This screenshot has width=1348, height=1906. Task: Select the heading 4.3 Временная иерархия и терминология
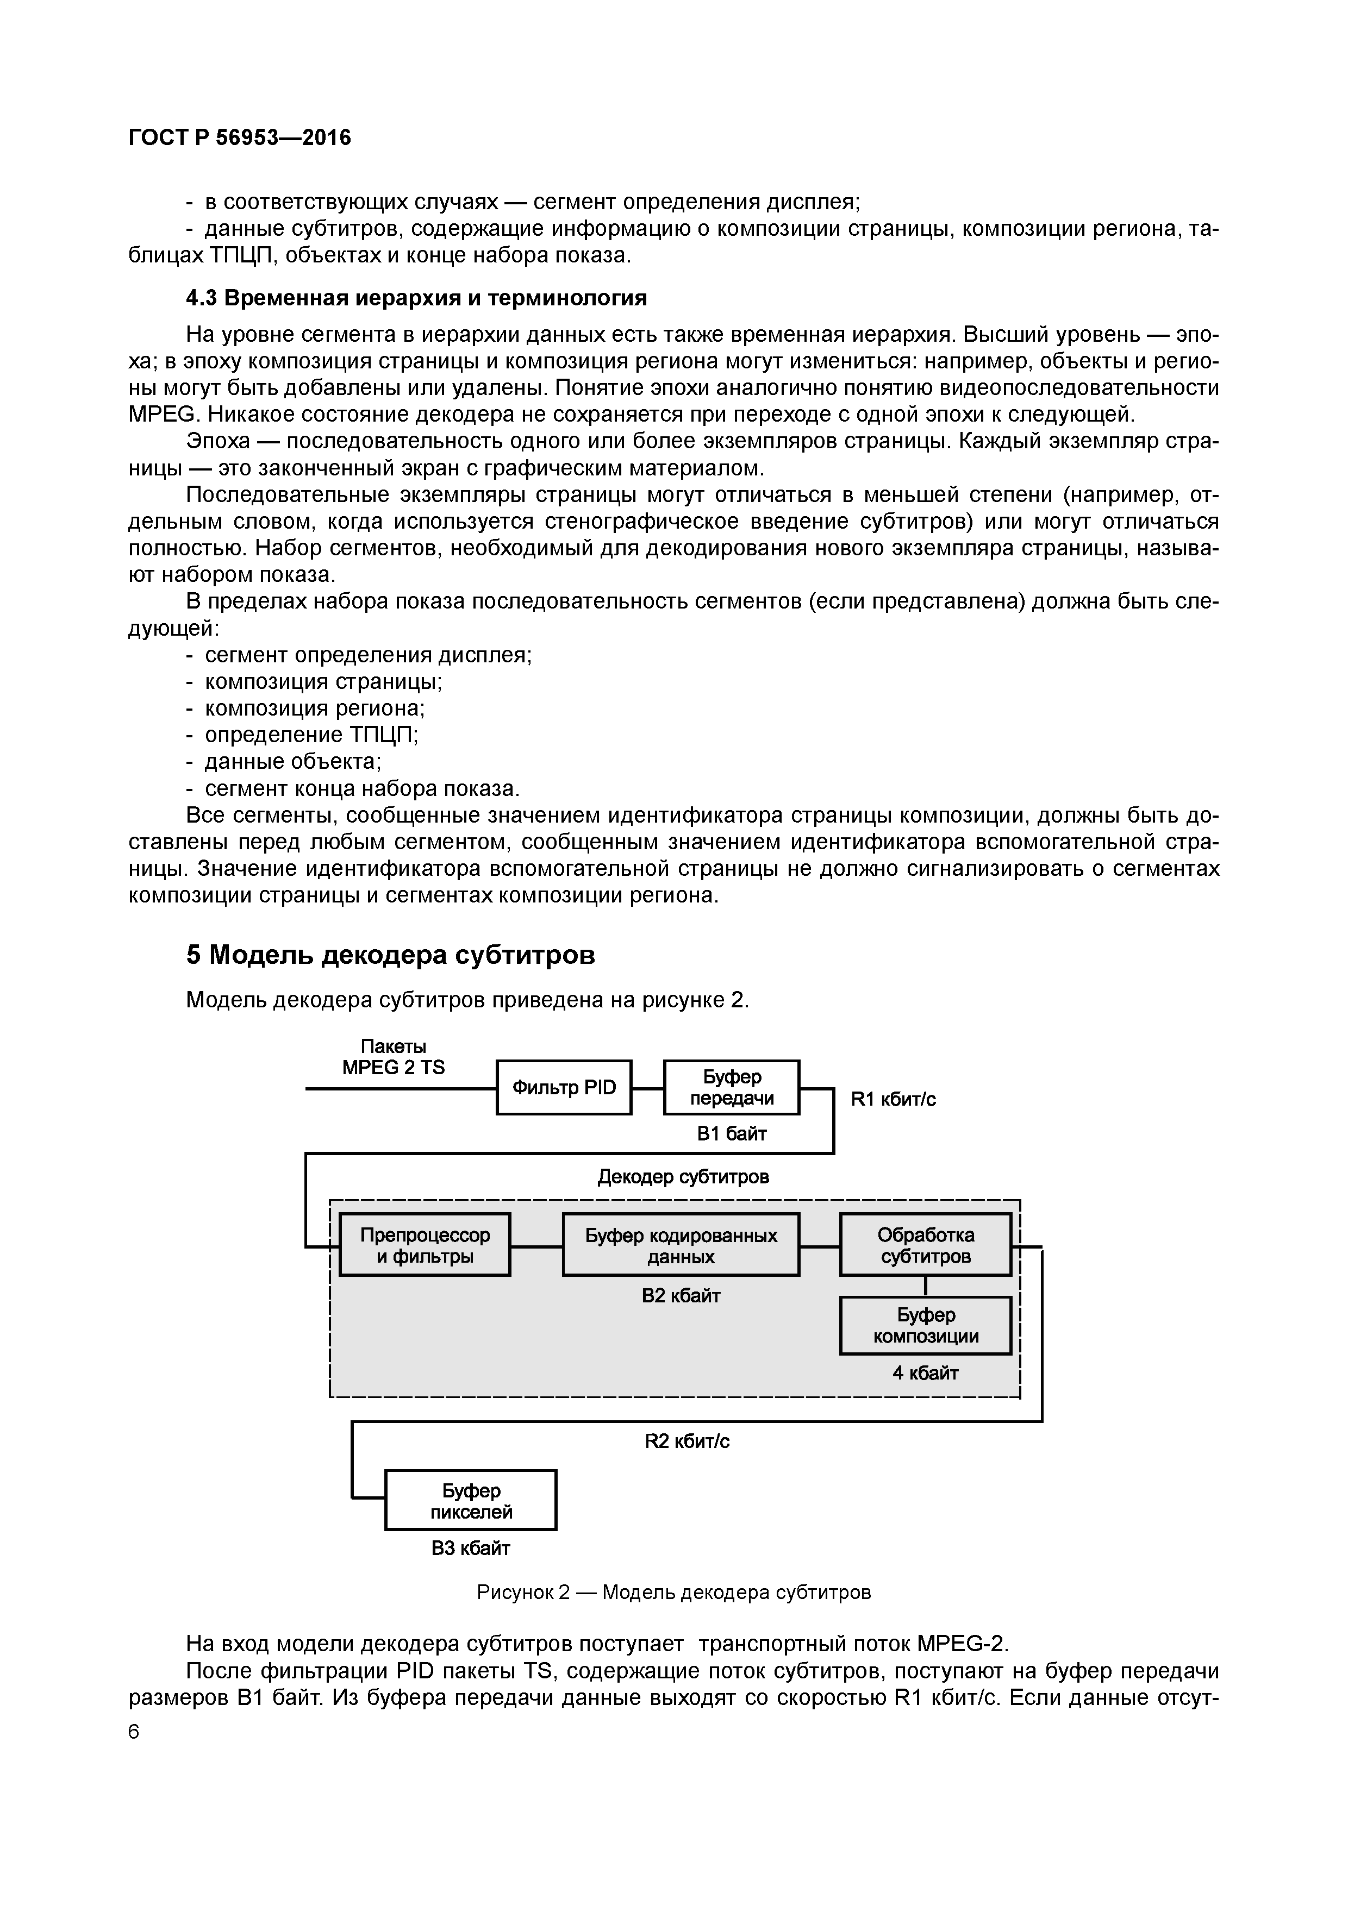click(416, 297)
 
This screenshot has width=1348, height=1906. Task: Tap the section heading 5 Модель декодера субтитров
click(390, 956)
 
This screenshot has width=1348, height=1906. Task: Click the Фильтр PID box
click(564, 1088)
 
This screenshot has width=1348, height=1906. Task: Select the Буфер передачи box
click(731, 1088)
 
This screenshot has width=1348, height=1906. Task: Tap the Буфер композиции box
click(925, 1326)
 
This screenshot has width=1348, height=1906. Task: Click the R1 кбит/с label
click(893, 1100)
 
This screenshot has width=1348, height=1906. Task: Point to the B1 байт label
click(731, 1134)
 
